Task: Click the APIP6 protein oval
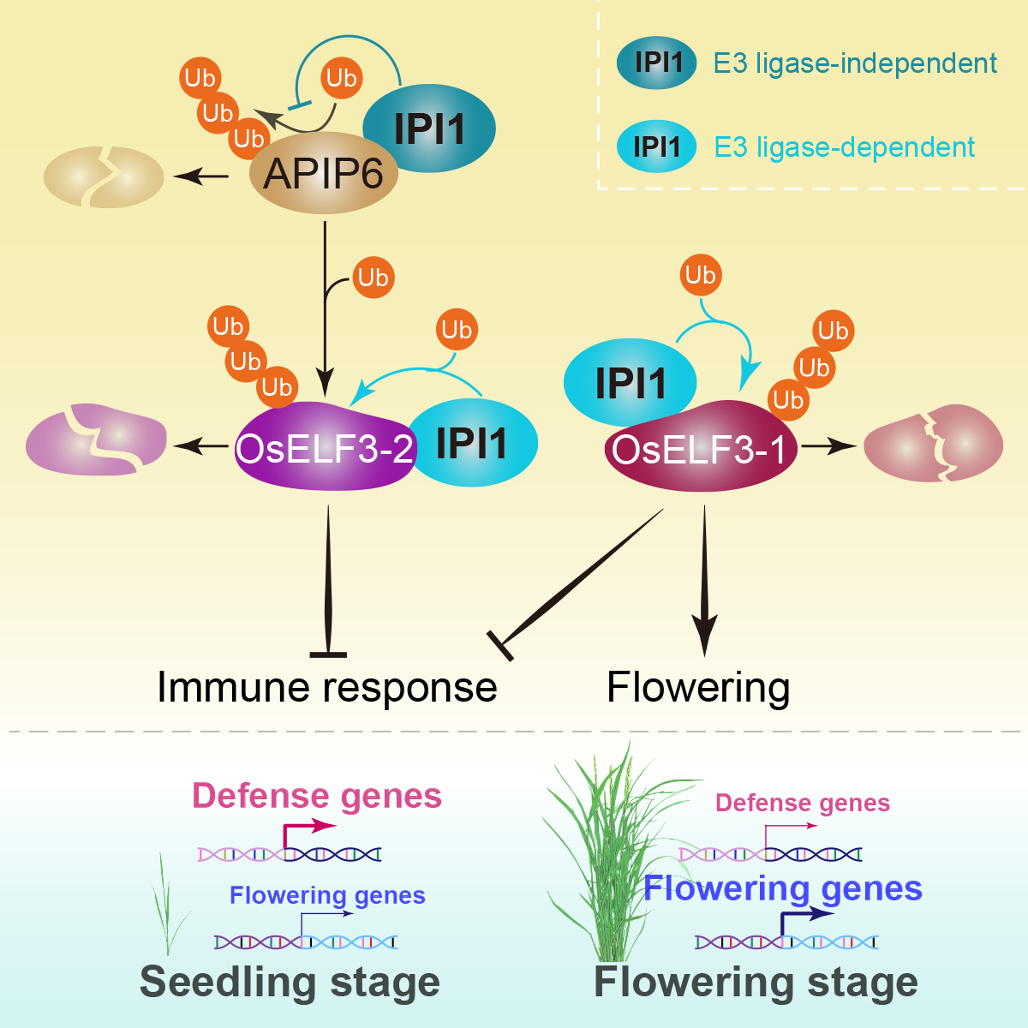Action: pos(323,174)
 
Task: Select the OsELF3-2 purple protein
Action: pos(324,447)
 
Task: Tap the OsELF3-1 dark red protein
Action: pos(699,449)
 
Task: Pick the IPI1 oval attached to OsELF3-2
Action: pos(473,443)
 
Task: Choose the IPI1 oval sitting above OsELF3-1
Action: pos(630,382)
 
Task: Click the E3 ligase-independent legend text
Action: pos(855,63)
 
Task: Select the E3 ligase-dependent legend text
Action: pos(844,147)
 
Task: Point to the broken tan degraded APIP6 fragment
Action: pos(103,177)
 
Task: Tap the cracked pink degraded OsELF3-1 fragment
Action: pos(933,444)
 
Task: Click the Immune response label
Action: pos(327,687)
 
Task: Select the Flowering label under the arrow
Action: pos(698,687)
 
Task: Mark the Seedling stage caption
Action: pos(290,982)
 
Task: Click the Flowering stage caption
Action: pos(756,982)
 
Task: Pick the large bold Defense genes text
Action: pos(317,796)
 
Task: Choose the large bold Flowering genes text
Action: pos(783,888)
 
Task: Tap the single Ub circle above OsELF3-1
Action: pos(700,275)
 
